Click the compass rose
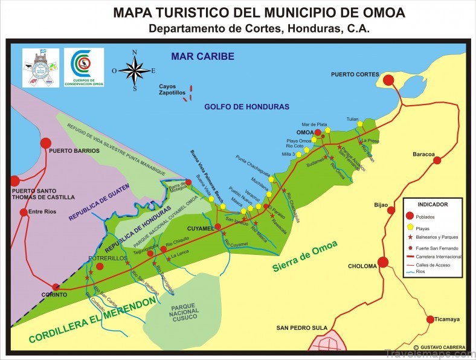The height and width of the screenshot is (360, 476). tap(135, 70)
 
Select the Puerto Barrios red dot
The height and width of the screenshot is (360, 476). tap(45, 143)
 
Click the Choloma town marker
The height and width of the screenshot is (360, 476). tap(382, 263)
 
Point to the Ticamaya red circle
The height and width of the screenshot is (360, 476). tap(431, 320)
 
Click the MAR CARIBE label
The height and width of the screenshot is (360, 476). tap(202, 56)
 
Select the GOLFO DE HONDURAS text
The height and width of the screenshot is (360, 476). tap(246, 106)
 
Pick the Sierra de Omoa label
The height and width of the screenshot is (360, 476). tap(304, 256)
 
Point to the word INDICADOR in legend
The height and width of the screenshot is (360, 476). tap(433, 204)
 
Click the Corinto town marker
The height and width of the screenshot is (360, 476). tap(56, 288)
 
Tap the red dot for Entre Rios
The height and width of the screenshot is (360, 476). tap(24, 212)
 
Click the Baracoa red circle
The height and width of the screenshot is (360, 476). tap(437, 161)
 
